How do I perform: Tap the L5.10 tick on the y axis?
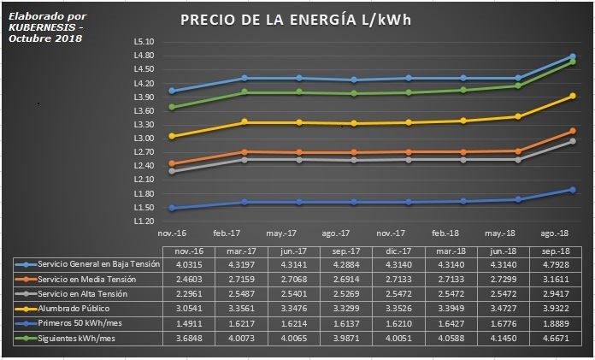[x=144, y=42]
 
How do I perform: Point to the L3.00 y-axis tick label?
[x=144, y=139]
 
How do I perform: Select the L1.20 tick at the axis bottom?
[x=144, y=221]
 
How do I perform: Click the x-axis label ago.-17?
[x=336, y=233]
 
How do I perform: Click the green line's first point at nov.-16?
[x=173, y=107]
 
